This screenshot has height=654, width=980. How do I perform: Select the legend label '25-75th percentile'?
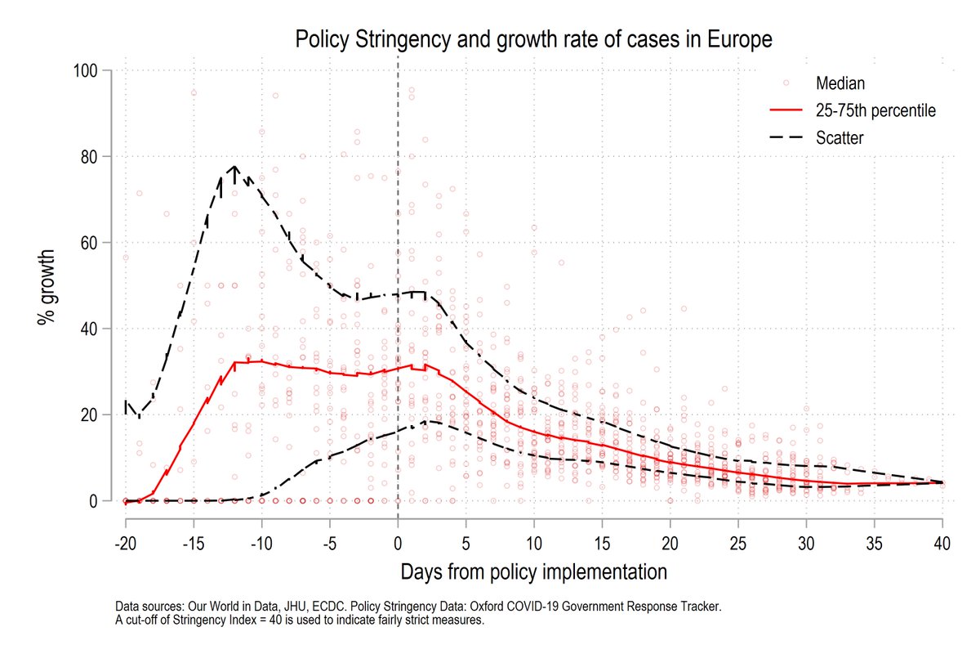(x=875, y=110)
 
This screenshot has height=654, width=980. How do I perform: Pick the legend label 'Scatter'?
(x=840, y=138)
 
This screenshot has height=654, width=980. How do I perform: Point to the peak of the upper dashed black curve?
(x=235, y=167)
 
